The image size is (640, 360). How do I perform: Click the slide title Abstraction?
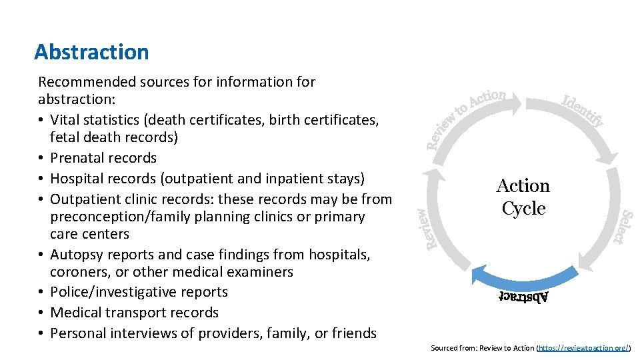click(91, 51)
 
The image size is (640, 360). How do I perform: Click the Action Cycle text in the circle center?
click(523, 197)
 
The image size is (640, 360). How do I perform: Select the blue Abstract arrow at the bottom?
click(524, 278)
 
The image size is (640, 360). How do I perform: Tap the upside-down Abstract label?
click(523, 297)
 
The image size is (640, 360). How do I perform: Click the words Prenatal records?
click(103, 158)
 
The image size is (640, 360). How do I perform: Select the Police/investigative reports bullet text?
click(139, 292)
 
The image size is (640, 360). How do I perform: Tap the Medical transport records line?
click(134, 313)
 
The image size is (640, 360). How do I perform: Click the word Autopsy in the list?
click(76, 255)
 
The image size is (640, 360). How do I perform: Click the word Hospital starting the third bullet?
click(76, 179)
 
